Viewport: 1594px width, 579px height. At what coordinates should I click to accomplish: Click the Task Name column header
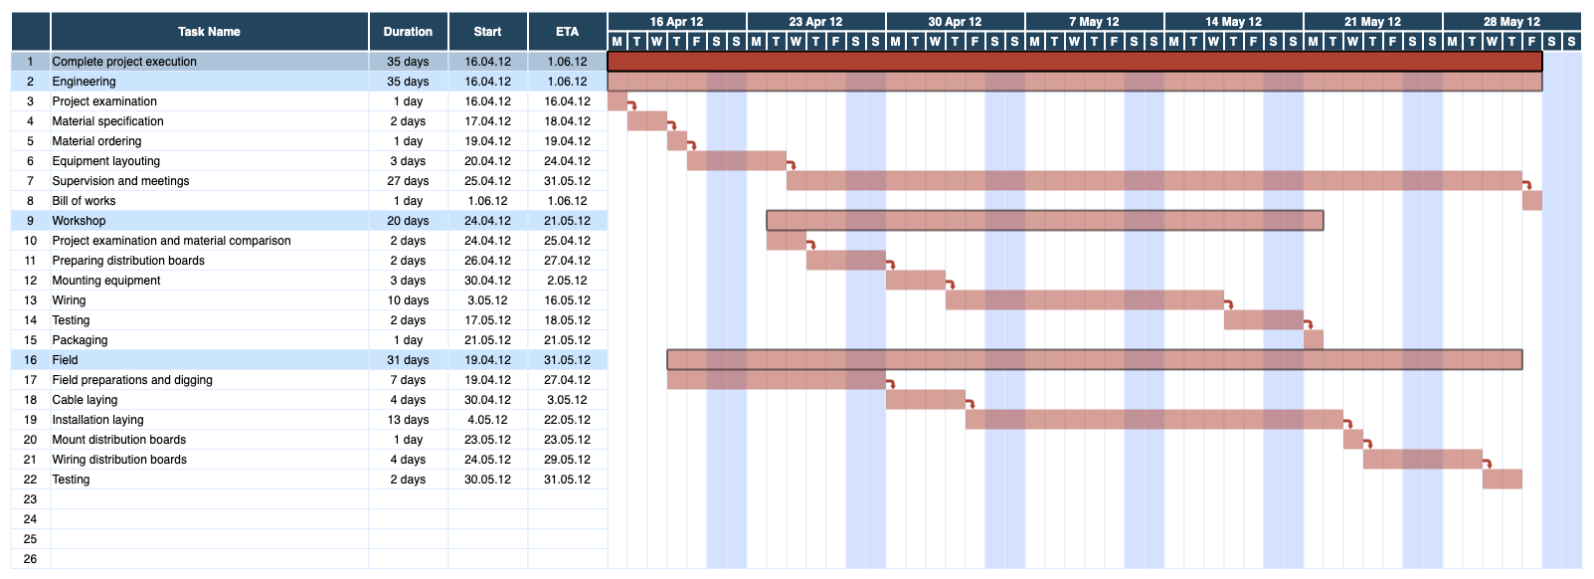209,32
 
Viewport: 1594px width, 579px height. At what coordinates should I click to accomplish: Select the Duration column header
408,32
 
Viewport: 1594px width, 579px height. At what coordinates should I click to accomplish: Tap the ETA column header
567,32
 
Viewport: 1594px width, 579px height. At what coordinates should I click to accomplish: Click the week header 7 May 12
1094,21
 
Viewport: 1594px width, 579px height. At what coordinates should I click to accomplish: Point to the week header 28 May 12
1510,21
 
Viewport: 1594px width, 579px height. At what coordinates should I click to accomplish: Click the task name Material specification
107,121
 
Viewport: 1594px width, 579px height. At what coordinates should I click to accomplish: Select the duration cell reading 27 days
408,181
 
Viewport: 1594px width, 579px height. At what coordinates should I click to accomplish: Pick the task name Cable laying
85,400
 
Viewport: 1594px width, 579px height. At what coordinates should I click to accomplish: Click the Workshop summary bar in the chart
1044,220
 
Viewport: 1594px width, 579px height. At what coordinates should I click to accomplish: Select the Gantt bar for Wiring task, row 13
1084,299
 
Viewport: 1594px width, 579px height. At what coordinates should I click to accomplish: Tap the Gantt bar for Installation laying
1153,419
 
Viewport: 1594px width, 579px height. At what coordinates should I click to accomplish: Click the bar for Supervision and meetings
1153,180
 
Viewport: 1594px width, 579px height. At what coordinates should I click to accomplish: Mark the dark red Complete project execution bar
1074,61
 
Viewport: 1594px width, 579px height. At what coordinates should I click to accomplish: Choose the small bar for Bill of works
1531,200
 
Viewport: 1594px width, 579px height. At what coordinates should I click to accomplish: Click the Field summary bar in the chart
1094,359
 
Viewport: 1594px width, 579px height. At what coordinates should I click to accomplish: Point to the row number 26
30,559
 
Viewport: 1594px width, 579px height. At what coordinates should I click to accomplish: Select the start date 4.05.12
487,420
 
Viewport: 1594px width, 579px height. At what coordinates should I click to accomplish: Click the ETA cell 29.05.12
567,460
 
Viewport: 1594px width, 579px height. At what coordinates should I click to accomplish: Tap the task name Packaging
80,340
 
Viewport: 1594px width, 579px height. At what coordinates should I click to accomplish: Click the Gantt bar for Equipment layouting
736,160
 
